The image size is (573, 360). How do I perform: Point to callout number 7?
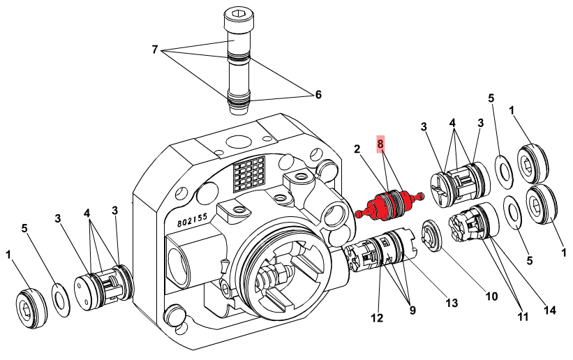(155, 50)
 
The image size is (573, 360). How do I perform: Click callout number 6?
(318, 94)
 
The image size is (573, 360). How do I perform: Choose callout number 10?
(491, 296)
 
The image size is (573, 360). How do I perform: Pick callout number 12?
(377, 319)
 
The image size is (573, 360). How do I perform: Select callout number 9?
(412, 310)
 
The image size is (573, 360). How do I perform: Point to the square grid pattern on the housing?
(249, 174)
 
